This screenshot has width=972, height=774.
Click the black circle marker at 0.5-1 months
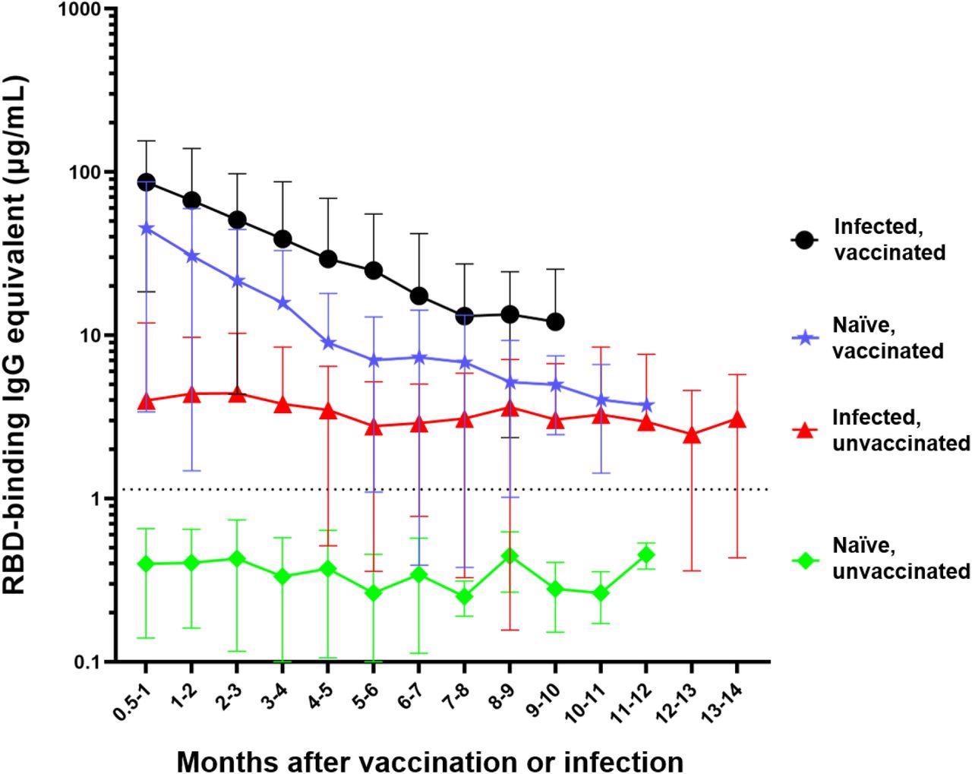146,182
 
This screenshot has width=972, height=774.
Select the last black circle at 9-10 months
555,321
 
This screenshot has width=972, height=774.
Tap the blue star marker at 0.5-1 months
146,229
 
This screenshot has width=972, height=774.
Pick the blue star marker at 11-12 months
646,406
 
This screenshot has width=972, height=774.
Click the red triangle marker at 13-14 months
737,419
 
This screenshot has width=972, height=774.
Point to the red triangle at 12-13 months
692,435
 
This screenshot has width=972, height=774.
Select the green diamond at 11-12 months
646,554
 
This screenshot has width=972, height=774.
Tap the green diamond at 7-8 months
464,596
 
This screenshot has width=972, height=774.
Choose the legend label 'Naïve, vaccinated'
888,339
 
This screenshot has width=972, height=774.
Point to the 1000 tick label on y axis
79,9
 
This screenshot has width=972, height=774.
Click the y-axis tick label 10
89,335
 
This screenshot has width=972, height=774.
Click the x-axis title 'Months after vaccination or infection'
430,760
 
